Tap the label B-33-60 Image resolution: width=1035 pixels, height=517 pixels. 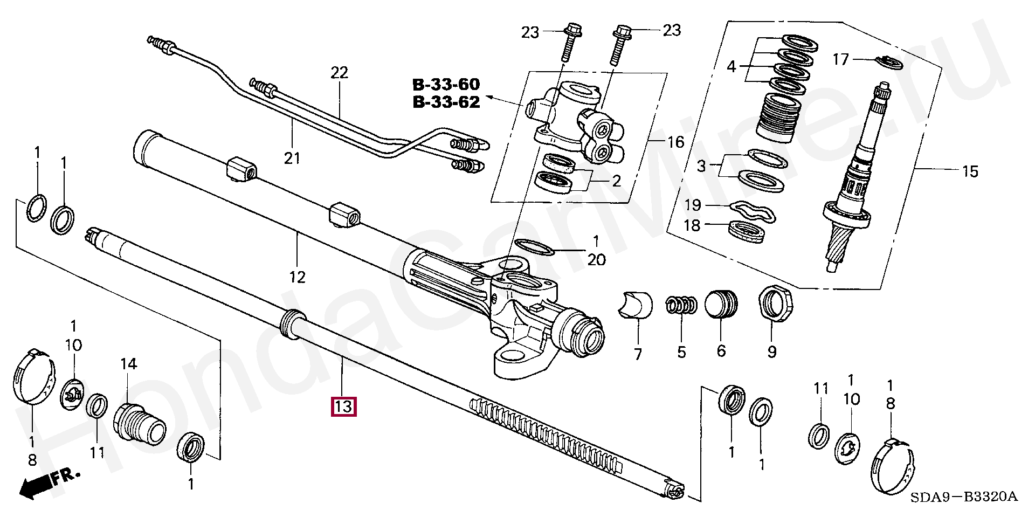pyautogui.click(x=446, y=85)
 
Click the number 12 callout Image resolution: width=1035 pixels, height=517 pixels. pyautogui.click(x=297, y=277)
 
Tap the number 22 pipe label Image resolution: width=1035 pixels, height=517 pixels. pyautogui.click(x=340, y=73)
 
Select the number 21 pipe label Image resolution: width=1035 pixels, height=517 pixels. pyautogui.click(x=292, y=158)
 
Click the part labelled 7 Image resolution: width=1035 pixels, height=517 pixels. pyautogui.click(x=635, y=306)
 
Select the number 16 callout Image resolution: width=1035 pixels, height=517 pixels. pyautogui.click(x=675, y=142)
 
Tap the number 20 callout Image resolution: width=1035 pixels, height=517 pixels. pyautogui.click(x=596, y=259)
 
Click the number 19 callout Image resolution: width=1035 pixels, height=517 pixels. pyautogui.click(x=693, y=205)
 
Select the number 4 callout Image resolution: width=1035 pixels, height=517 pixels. pyautogui.click(x=731, y=67)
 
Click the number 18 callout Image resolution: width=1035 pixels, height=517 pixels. pyautogui.click(x=693, y=225)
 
